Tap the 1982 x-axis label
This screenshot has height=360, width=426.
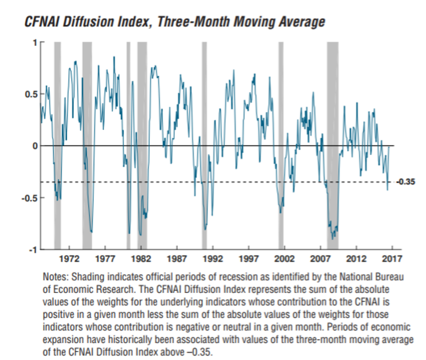140,258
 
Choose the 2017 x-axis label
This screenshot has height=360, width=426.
392,258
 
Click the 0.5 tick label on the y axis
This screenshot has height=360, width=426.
29,94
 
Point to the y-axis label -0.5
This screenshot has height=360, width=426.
28,198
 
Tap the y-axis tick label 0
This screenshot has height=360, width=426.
34,146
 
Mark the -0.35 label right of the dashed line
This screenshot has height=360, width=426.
407,183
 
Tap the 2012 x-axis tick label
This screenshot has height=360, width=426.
356,258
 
